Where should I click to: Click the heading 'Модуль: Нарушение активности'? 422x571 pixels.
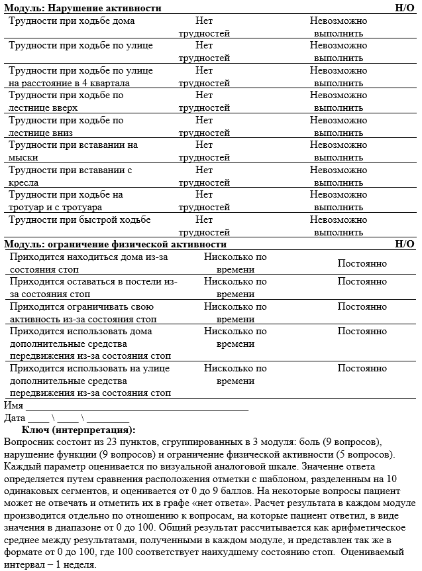[x=82, y=8]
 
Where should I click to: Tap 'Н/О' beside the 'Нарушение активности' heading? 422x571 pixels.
[x=404, y=8]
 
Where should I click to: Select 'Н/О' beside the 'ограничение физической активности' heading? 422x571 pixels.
[x=404, y=244]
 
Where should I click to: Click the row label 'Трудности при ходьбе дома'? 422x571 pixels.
[x=72, y=21]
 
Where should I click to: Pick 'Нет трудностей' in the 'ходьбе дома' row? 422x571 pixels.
[x=204, y=27]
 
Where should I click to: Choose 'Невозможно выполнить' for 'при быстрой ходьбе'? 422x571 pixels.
[x=338, y=226]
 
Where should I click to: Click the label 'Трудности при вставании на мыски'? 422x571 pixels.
[x=74, y=151]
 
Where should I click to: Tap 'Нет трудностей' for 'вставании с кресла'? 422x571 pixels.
[x=204, y=176]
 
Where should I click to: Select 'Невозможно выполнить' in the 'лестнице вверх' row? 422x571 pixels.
[x=338, y=101]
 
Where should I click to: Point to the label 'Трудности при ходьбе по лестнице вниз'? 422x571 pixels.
[x=66, y=127]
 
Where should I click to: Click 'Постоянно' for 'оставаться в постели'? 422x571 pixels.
[x=362, y=281]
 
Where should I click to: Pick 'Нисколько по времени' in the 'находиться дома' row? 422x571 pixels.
[x=235, y=263]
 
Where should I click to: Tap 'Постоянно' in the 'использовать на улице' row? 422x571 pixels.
[x=362, y=368]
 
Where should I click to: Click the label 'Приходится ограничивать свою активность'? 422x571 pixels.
[x=82, y=313]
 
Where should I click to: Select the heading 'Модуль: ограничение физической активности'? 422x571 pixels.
[x=115, y=244]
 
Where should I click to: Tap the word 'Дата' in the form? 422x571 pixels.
[x=15, y=418]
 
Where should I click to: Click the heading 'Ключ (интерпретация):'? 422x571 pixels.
[x=83, y=430]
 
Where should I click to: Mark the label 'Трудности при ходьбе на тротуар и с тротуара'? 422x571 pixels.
[x=66, y=201]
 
